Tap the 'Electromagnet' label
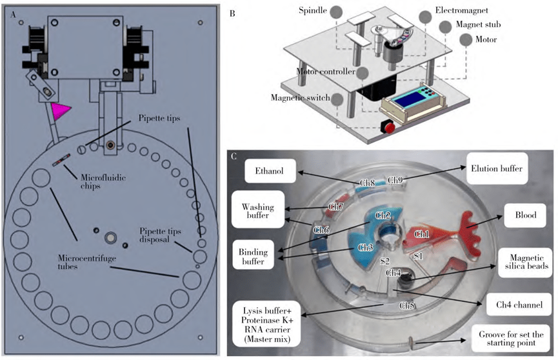click(x=455, y=12)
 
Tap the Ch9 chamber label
click(x=395, y=180)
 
